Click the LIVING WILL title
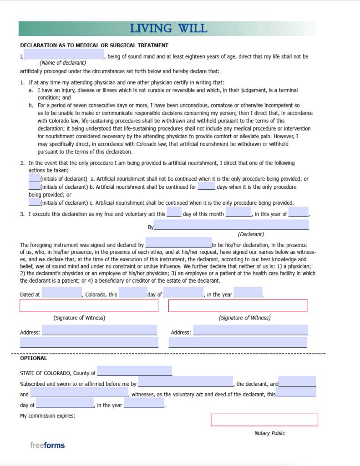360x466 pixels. coord(168,28)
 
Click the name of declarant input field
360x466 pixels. coord(64,55)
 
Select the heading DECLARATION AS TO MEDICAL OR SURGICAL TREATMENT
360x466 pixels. coord(94,46)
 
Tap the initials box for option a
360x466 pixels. coord(34,178)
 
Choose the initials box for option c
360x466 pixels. coord(34,202)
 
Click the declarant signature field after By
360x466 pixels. coord(231,225)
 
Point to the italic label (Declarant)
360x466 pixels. coord(251,234)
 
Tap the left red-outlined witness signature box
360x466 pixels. coord(89,306)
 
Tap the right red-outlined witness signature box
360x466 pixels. coord(238,306)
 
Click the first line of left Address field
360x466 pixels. coord(99,330)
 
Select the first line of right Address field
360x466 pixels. coord(250,330)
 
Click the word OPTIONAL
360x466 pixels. coord(33,359)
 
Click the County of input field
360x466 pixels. coord(134,371)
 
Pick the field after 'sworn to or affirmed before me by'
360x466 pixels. coord(186,382)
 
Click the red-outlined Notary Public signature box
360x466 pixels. coord(264,420)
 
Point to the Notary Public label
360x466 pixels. coord(269,433)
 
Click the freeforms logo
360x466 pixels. coord(47,445)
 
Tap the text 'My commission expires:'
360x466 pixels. coord(48,415)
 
